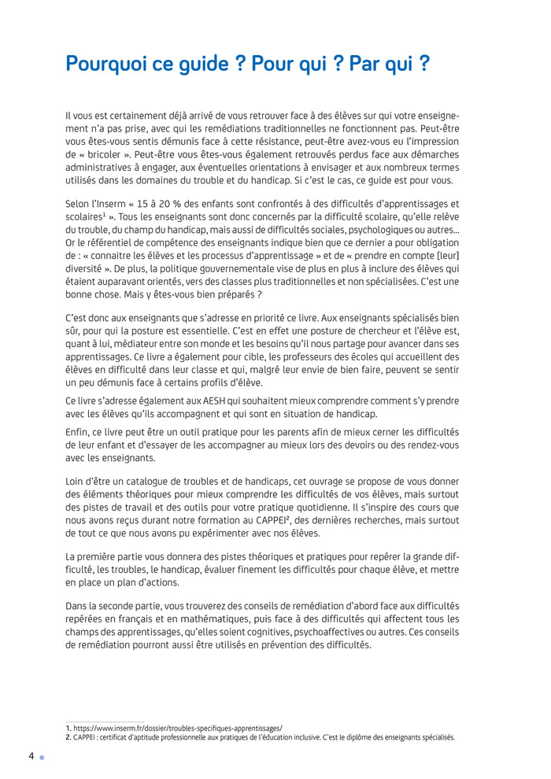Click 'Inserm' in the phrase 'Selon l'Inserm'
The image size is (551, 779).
point(111,204)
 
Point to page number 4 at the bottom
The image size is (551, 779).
point(31,756)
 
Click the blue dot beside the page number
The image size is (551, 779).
point(42,758)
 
